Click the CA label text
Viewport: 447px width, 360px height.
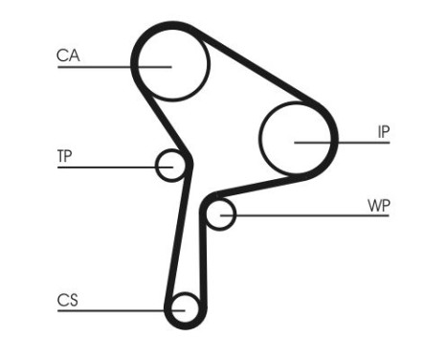pos(68,56)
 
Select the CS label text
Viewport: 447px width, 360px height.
pos(67,301)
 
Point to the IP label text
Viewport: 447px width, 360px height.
pos(383,132)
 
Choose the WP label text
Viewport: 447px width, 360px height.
pos(378,206)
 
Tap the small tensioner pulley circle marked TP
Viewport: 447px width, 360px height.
pos(171,166)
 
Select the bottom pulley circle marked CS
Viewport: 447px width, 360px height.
pos(184,309)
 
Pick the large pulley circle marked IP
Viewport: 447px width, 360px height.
pos(297,139)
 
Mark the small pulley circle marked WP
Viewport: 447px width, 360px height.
pos(221,213)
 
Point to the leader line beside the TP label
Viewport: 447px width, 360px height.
pos(105,168)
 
